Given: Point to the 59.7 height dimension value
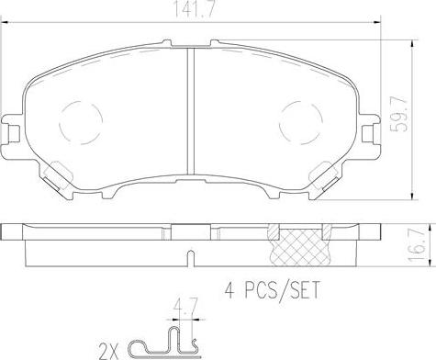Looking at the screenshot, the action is tap(399, 114).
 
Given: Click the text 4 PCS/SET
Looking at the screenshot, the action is tap(272, 290).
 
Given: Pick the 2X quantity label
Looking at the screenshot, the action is tap(108, 351).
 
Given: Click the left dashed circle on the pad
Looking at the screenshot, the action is tap(81, 123).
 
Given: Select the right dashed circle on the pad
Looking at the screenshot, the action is tap(301, 123).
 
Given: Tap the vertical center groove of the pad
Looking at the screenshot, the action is tap(191, 111).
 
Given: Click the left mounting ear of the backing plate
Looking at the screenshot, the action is tap(12, 128).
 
